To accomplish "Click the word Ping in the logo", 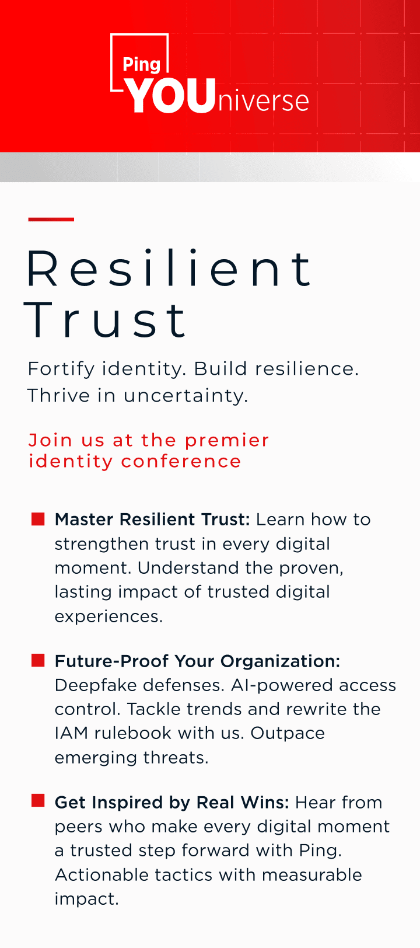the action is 141,65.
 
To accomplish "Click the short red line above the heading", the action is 51,219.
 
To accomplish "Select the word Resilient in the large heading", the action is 169,269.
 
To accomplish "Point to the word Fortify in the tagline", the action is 61,369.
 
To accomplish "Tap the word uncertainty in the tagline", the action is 185,396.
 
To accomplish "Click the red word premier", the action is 227,441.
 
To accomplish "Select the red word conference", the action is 181,461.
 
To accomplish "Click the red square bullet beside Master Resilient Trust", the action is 38,519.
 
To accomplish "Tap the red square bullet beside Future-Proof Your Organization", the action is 38,660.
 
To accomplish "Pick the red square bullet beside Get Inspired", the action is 38,801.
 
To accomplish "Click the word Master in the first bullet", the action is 84,520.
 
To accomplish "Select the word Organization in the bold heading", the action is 281,661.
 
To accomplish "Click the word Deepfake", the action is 96,685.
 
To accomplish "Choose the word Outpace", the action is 288,733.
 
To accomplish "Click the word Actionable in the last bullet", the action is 102,875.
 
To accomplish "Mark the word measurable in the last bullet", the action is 312,875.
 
